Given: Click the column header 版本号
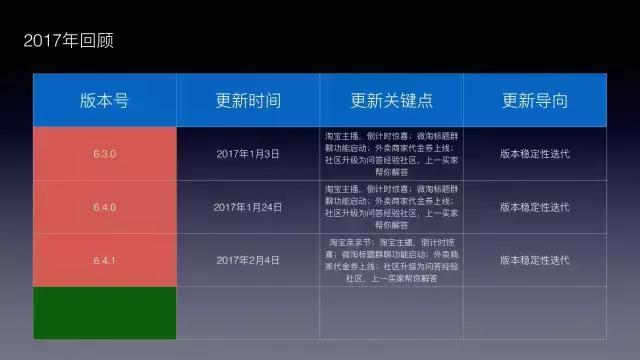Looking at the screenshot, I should [x=105, y=101].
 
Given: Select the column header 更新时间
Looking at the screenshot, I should [x=248, y=101].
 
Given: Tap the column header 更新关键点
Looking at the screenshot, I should [x=391, y=101].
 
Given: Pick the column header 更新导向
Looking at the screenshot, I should [x=535, y=101].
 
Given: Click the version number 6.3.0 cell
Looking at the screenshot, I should [x=105, y=154].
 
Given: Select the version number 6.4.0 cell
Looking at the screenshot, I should [x=105, y=207].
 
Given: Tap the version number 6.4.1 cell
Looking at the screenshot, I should [x=105, y=260].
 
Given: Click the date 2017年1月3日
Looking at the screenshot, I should [x=248, y=154].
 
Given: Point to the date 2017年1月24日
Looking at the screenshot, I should [x=248, y=207].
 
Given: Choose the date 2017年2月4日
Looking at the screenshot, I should [x=248, y=260].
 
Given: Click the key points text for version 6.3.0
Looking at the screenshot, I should [x=391, y=154].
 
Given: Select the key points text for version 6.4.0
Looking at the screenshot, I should [x=391, y=207].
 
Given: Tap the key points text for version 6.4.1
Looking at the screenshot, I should [x=391, y=260].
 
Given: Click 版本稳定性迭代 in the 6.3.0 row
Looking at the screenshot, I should [x=535, y=154].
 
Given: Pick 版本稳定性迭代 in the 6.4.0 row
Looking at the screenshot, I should [x=535, y=207].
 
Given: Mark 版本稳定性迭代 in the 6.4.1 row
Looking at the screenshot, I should [x=535, y=260].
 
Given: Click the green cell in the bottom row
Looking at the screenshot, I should [x=105, y=312].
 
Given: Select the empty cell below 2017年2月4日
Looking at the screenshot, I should [x=248, y=312].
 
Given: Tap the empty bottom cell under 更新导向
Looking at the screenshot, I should [x=535, y=312].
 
